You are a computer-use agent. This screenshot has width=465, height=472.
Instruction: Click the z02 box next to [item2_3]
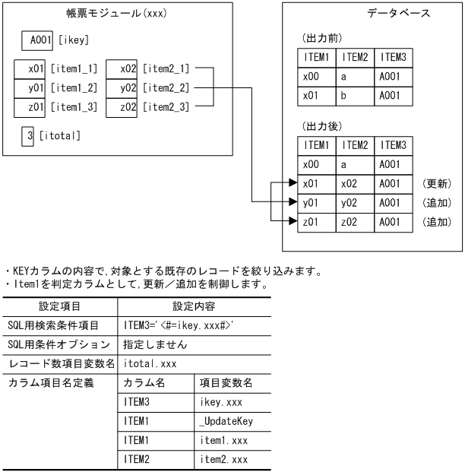[124, 107]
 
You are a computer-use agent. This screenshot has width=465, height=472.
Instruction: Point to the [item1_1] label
[74, 69]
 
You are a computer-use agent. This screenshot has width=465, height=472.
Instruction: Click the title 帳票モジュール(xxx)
[114, 13]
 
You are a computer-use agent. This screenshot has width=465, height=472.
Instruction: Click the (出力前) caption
[314, 38]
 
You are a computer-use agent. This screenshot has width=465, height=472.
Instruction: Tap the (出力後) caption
[314, 125]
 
